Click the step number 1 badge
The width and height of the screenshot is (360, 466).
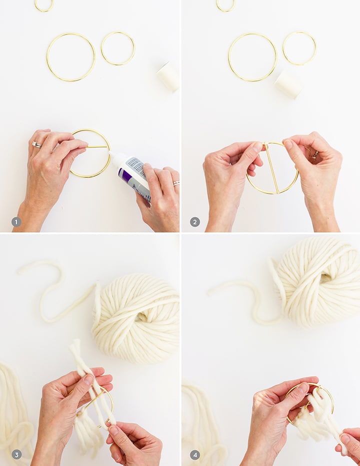(16, 221)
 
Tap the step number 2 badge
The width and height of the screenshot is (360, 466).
(195, 221)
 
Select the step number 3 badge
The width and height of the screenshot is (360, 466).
(16, 454)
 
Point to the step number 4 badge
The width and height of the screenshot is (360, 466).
(195, 454)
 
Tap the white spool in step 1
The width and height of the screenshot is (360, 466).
(168, 76)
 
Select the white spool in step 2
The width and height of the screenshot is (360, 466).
(289, 84)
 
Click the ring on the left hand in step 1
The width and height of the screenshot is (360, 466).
(36, 144)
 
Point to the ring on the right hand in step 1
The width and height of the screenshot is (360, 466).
(176, 183)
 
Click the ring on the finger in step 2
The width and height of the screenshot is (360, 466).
(314, 154)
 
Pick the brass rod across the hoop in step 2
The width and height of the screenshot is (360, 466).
(271, 168)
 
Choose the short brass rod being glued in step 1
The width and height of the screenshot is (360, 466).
(97, 146)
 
